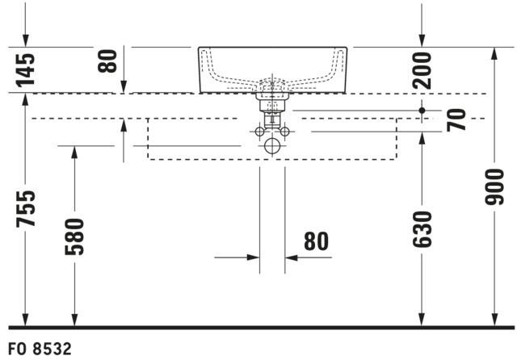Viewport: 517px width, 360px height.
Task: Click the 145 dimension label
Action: [25, 70]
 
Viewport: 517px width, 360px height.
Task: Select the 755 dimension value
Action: [25, 209]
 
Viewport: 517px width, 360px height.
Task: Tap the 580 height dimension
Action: [74, 237]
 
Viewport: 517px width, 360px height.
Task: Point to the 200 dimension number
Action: [422, 70]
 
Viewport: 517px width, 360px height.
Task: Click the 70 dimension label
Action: [456, 120]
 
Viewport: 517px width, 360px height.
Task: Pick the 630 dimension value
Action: [422, 229]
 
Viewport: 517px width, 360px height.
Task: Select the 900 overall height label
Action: [494, 186]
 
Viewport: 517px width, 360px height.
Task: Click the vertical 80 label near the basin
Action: [107, 61]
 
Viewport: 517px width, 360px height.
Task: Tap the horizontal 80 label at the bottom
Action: [316, 241]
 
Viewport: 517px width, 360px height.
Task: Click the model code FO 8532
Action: [40, 350]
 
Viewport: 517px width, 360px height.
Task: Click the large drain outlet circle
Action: [272, 146]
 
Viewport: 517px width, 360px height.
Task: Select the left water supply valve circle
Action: [260, 132]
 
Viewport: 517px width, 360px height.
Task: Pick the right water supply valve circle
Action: [284, 132]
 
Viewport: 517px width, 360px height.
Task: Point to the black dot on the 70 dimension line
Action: [422, 111]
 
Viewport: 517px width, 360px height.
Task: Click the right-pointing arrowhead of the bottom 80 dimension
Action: [253, 257]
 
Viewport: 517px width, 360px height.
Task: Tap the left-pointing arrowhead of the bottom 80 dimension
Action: [291, 257]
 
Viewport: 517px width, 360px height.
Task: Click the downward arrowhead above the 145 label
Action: [25, 41]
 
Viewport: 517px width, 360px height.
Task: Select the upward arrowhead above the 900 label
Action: [494, 54]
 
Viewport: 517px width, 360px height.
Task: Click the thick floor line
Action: [261, 328]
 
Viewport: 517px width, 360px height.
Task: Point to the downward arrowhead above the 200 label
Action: [422, 41]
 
